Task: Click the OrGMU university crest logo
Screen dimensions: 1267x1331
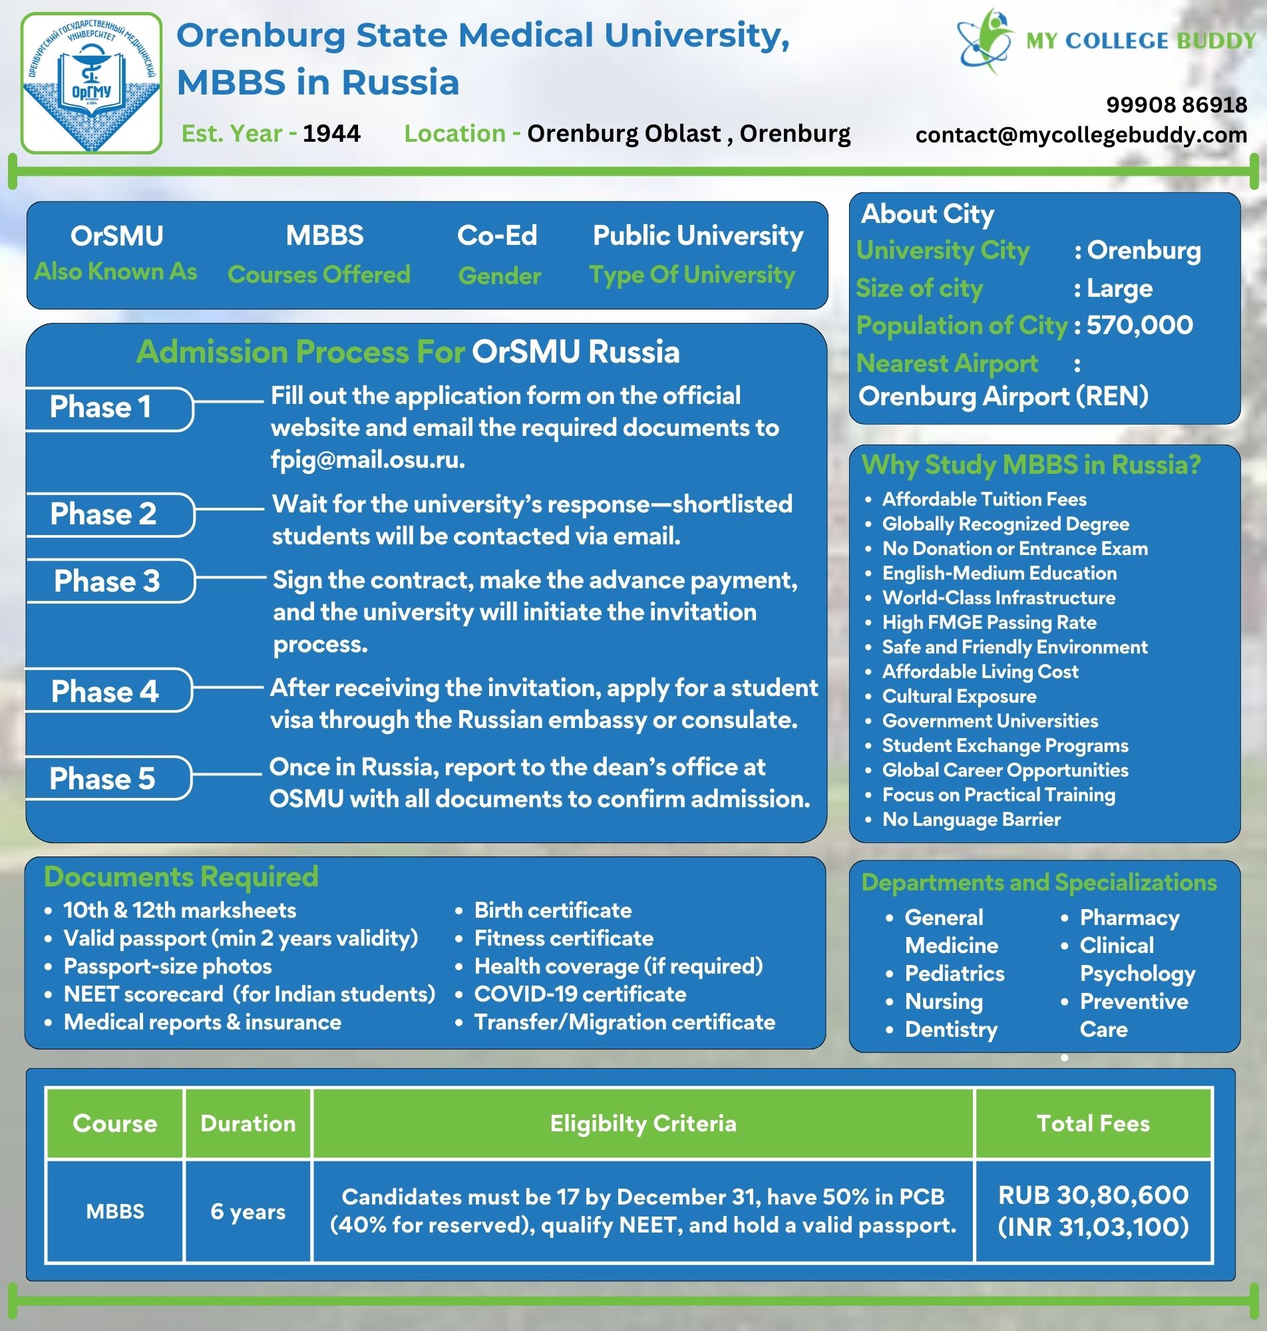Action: point(91,83)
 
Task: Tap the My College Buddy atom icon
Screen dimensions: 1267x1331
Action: point(986,41)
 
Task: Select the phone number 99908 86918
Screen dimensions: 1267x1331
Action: point(1176,104)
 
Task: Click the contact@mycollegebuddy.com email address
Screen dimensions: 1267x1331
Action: point(1081,135)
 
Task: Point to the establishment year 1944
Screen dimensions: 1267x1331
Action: point(331,133)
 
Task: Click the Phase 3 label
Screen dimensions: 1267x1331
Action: point(106,581)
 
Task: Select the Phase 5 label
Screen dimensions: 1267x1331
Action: point(102,778)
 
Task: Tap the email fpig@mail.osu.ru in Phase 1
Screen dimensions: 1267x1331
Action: point(367,459)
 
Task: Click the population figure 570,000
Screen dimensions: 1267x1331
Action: point(1139,325)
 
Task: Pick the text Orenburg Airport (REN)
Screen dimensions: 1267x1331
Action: point(1003,396)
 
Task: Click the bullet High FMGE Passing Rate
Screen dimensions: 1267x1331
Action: point(989,622)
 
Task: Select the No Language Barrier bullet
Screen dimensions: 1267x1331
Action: point(971,819)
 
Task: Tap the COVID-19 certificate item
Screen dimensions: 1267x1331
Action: point(580,994)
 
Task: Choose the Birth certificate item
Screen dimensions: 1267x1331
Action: point(552,910)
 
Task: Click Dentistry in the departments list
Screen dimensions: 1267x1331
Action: point(951,1029)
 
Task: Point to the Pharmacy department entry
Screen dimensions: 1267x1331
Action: point(1129,918)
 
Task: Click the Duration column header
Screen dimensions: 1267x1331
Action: point(248,1123)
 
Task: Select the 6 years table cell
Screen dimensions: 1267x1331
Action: point(248,1211)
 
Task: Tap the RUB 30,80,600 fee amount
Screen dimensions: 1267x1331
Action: point(1093,1195)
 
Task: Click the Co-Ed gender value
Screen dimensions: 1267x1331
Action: point(497,236)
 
